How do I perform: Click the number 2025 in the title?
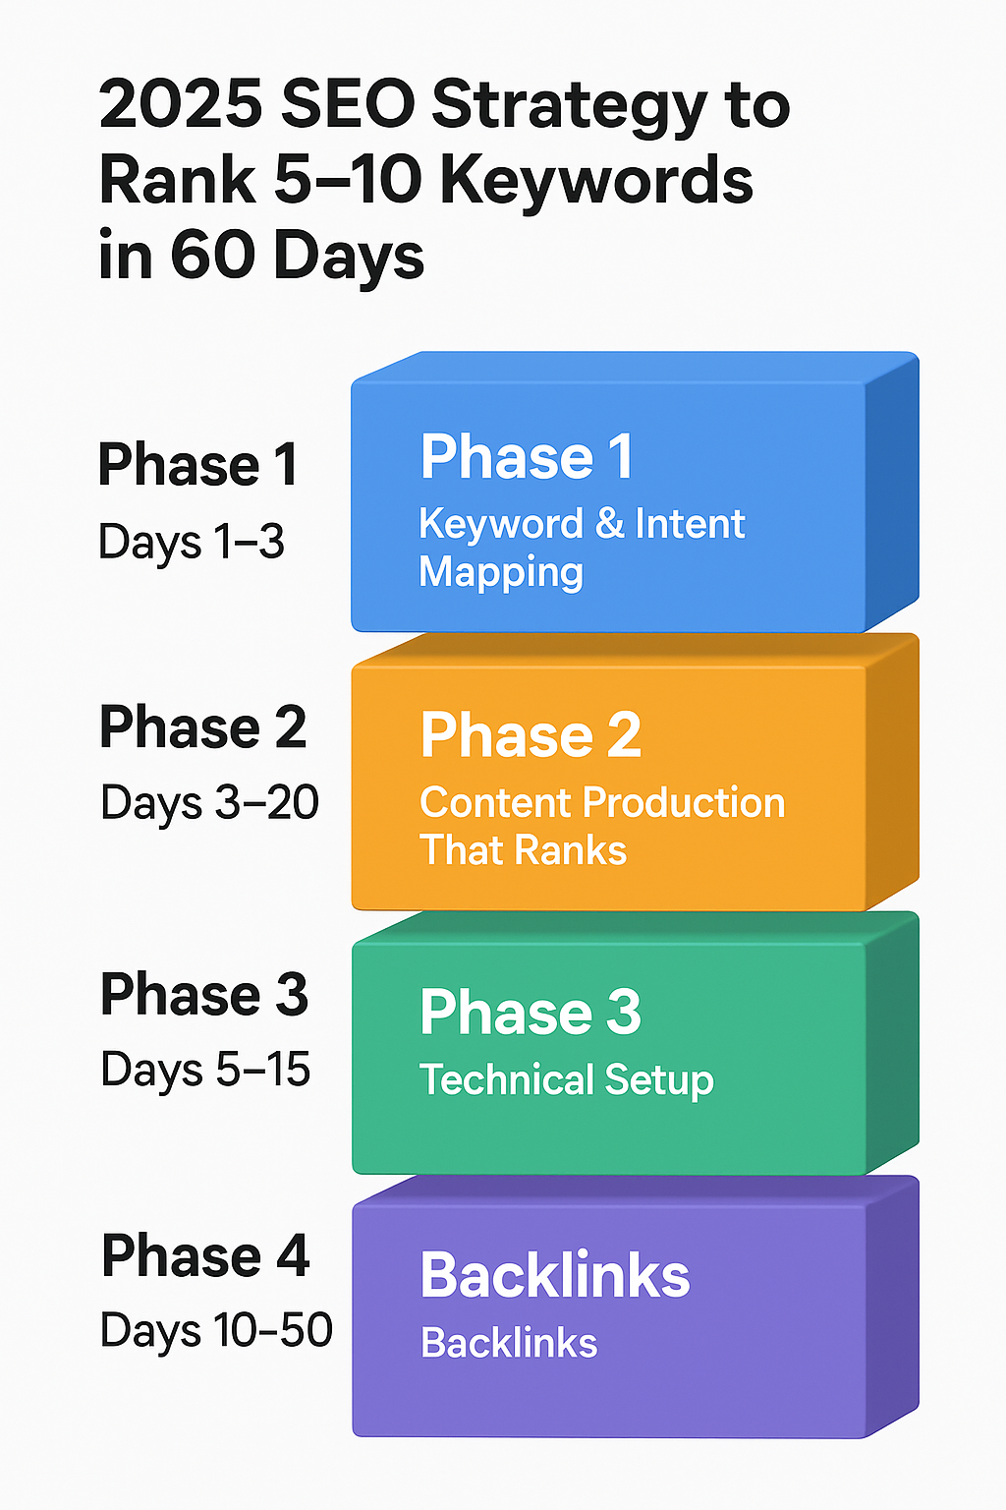pos(181,104)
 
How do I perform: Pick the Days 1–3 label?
pos(192,542)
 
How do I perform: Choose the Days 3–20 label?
pos(209,803)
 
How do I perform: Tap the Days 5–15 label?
pos(205,1070)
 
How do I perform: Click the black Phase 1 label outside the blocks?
pos(197,464)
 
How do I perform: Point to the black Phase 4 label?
pos(205,1255)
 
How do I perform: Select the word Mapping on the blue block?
pos(501,573)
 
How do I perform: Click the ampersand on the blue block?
pos(610,524)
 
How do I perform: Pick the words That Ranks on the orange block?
pos(524,850)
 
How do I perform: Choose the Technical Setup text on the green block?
pos(566,1080)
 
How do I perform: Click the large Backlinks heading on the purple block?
pos(555,1275)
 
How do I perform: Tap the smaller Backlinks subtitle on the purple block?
pos(509,1343)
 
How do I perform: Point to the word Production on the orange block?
pos(684,802)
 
